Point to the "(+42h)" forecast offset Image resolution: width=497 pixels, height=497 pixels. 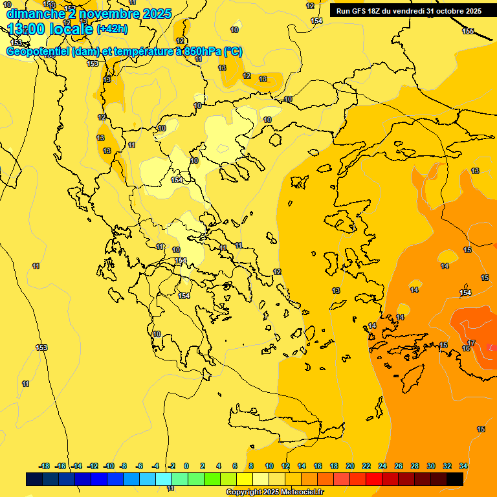click(x=112, y=29)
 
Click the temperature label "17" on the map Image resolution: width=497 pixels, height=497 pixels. click(x=471, y=344)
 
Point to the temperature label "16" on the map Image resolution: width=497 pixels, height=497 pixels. click(x=466, y=349)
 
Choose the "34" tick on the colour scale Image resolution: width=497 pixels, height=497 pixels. click(x=463, y=466)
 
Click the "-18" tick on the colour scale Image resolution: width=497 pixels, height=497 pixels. click(x=45, y=466)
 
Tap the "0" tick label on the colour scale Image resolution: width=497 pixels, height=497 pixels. click(x=186, y=466)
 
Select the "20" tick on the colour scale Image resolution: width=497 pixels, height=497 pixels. click(x=350, y=466)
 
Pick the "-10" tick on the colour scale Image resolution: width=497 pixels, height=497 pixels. click(x=108, y=466)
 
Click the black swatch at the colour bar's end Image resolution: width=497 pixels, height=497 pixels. click(x=455, y=479)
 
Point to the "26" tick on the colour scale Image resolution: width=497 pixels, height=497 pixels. click(x=399, y=466)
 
